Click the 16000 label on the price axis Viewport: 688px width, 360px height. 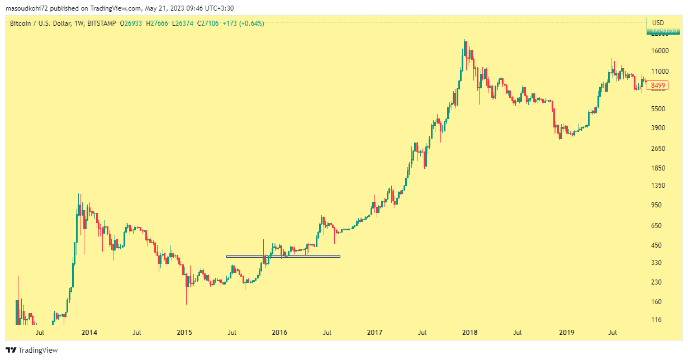tap(660, 51)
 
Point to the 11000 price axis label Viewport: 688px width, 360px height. tap(660, 72)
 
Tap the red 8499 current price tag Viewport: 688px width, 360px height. tap(659, 86)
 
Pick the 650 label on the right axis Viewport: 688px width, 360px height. tap(657, 226)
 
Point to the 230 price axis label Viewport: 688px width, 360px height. tap(657, 282)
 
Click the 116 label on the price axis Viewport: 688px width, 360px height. tap(657, 320)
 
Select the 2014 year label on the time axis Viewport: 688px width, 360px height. tap(89, 333)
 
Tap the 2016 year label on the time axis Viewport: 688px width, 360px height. tap(279, 333)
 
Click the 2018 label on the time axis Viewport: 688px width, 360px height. tap(470, 333)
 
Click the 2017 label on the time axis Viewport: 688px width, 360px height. tap(375, 333)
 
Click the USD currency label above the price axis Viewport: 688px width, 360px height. tap(658, 22)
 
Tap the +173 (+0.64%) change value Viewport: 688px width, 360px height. tap(243, 23)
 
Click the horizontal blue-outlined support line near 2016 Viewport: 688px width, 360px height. tap(283, 257)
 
